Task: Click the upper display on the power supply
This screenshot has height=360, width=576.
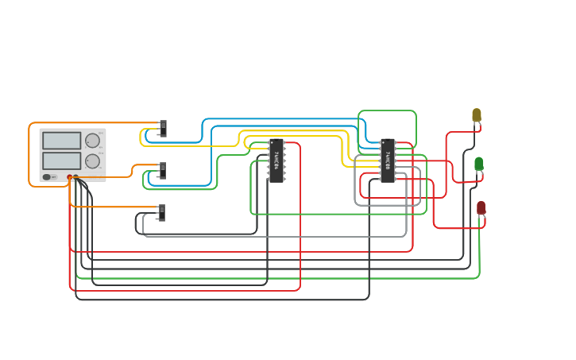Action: pos(61,141)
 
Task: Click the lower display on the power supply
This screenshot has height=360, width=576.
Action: pos(61,161)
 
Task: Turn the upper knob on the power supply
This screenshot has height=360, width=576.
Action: pos(93,141)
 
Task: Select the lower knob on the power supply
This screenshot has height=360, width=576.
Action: pos(93,161)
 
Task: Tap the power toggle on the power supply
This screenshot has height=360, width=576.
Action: pos(48,176)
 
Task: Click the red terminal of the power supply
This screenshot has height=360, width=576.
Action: pos(70,177)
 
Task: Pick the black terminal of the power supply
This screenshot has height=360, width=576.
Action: pos(76,177)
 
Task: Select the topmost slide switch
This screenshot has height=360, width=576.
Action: pos(163,128)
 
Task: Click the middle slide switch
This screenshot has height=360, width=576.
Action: pos(163,170)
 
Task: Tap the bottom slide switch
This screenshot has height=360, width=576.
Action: pos(162,212)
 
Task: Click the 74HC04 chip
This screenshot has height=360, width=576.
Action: pos(276,161)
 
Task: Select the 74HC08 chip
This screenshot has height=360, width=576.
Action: pos(387,161)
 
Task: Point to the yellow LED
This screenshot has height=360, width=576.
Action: pos(477,115)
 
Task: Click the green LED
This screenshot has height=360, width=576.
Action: pos(479,164)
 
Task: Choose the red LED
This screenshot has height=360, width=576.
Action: pos(481,207)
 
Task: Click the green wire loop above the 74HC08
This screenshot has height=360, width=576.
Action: pos(387,110)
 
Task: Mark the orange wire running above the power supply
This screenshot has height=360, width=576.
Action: pos(79,122)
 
